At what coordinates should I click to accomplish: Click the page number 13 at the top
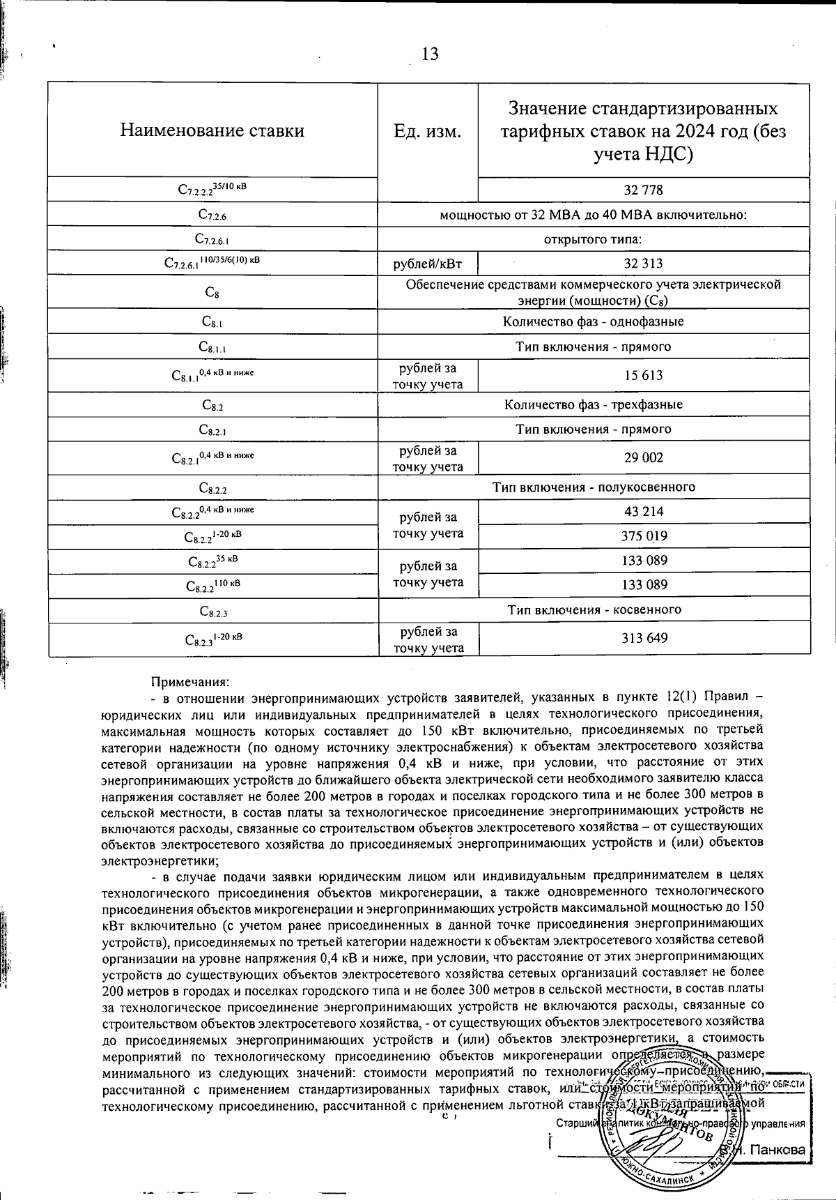[430, 54]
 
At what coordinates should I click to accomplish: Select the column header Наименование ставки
[212, 130]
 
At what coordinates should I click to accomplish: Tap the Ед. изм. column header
[428, 131]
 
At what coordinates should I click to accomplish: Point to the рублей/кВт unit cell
[428, 264]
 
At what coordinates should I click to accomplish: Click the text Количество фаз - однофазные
[593, 321]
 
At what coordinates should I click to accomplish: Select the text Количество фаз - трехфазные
[593, 405]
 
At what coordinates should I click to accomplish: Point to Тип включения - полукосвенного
[593, 487]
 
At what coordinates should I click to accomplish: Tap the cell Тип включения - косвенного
[593, 610]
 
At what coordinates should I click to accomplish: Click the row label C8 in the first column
[212, 293]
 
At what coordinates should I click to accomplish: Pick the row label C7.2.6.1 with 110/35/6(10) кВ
[212, 263]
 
